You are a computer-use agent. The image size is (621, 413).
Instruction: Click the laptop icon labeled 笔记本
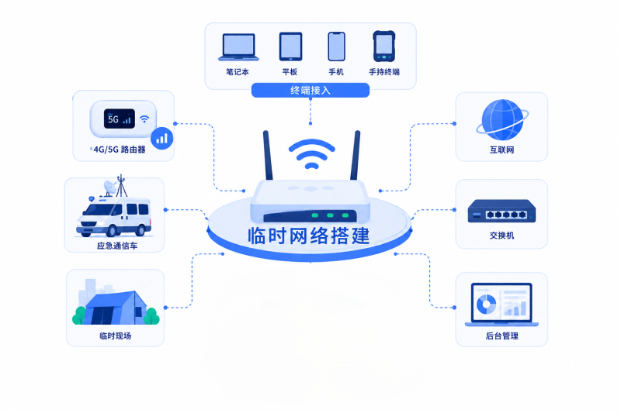pos(238,47)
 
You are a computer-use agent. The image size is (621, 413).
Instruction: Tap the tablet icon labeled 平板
pos(290,46)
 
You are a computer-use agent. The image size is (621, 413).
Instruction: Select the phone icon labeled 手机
pos(337,46)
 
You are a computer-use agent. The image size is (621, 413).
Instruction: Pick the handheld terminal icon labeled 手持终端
pos(383,46)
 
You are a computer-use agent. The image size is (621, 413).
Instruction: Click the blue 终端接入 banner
pos(310,90)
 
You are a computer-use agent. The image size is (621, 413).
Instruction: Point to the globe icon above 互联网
pos(502,120)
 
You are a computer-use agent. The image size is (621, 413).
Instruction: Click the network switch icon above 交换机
pos(501,211)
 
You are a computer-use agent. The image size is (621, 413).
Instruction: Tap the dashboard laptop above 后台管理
pos(501,305)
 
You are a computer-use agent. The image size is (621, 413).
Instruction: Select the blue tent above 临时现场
pos(116,308)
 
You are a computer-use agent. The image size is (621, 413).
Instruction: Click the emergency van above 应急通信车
pos(114,217)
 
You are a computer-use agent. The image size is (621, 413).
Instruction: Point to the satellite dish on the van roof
pos(110,188)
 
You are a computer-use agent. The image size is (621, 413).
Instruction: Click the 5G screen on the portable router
pos(120,119)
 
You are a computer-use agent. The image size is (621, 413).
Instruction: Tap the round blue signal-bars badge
pos(161,139)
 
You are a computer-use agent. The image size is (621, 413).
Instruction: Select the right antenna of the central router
pos(356,155)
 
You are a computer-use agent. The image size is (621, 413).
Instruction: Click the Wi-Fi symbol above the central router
pos(312,153)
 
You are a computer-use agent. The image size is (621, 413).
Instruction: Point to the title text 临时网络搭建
pos(309,236)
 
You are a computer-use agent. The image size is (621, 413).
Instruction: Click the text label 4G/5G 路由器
pos(120,150)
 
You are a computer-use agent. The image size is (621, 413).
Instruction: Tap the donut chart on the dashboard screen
pos(487,304)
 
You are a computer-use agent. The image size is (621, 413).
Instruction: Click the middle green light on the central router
pos(330,215)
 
